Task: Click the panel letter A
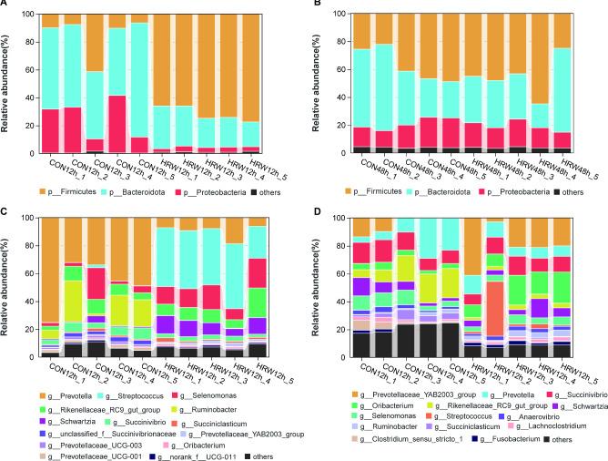point(6,7)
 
